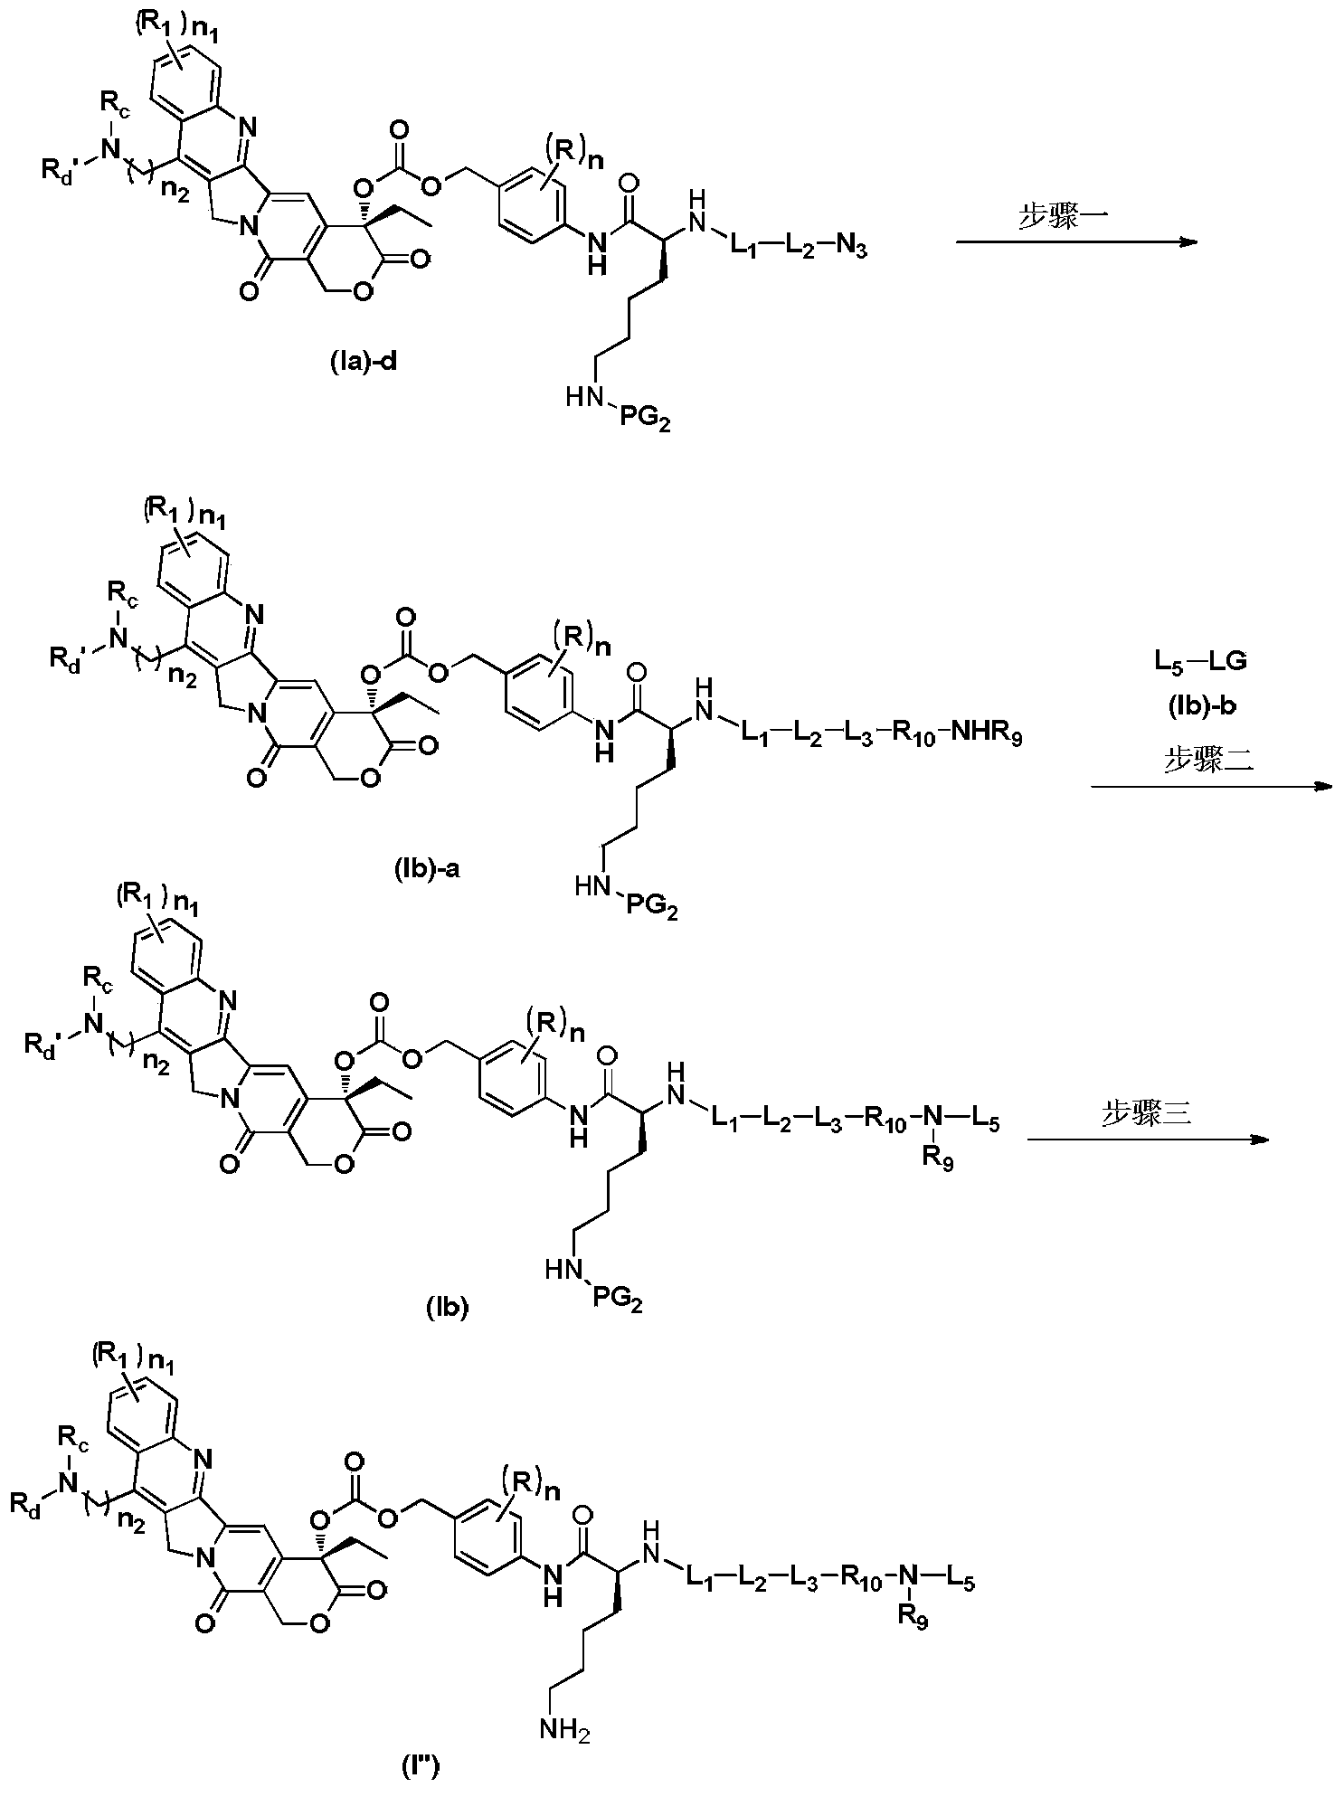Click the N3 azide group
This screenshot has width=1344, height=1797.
pos(849,248)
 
